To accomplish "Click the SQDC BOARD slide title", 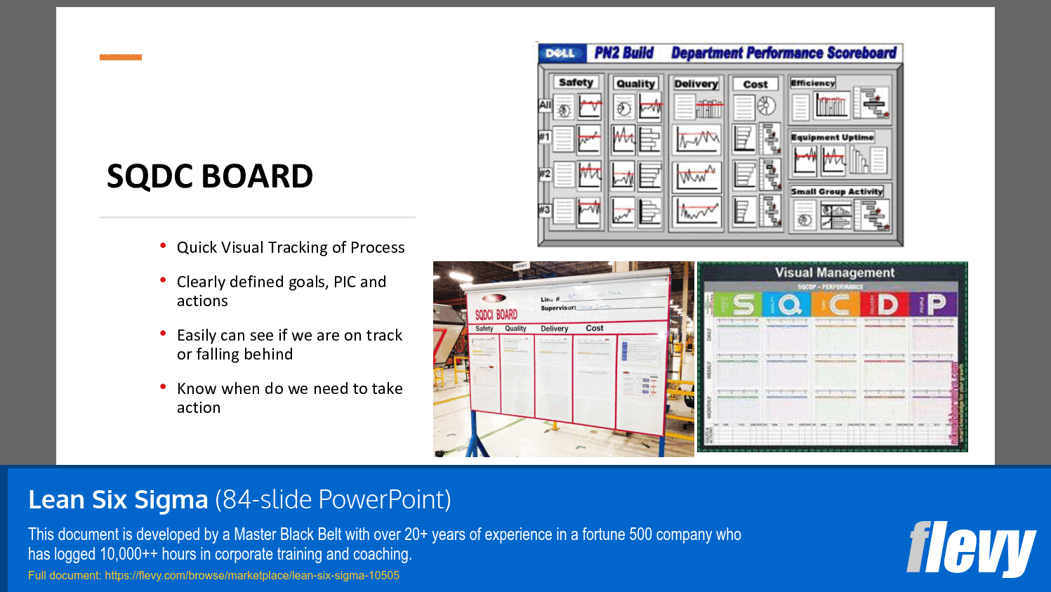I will [209, 176].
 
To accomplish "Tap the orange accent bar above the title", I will [121, 57].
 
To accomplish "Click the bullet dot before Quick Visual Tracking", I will [163, 246].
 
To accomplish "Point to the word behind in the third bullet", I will [269, 354].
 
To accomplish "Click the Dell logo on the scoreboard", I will [560, 53].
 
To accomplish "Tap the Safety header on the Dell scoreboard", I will [576, 82].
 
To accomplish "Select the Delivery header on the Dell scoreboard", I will [696, 84].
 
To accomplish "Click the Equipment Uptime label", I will [832, 137].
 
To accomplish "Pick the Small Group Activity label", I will [836, 191].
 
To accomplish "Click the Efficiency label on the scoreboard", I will [813, 83].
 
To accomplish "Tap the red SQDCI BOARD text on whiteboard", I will [496, 315].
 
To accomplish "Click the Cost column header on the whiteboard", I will [595, 328].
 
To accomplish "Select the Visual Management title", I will [835, 272].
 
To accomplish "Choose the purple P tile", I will [934, 305].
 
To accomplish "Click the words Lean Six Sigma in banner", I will [118, 499].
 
